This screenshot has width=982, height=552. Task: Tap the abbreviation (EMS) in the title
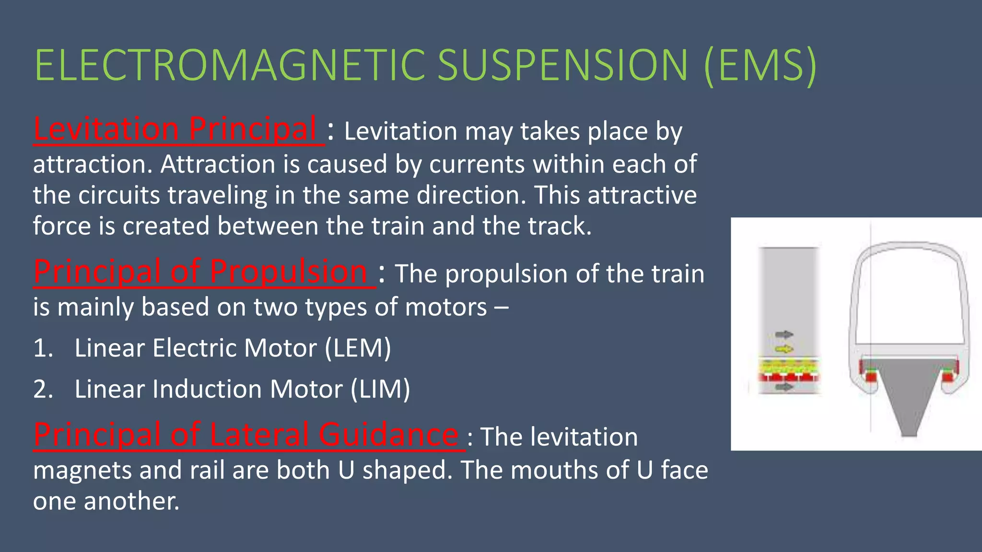(x=760, y=66)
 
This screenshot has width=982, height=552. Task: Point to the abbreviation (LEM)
(x=358, y=348)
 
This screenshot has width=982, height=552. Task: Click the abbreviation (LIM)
(x=380, y=389)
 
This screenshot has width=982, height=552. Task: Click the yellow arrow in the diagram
(x=784, y=349)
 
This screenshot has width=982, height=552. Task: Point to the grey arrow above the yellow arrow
(x=784, y=334)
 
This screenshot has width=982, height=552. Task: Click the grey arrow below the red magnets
(x=784, y=386)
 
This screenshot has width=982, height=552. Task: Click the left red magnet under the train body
(x=869, y=376)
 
